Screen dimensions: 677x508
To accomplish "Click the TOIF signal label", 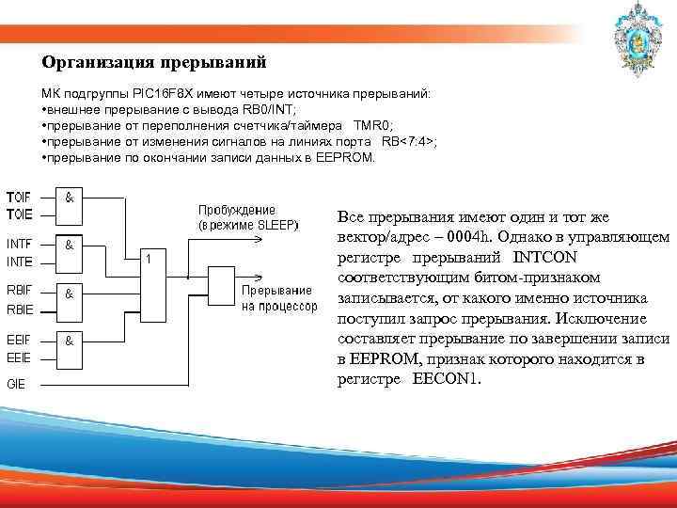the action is click(x=18, y=197).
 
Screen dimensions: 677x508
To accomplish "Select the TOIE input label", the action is click(x=18, y=212).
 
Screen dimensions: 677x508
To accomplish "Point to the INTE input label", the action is click(x=20, y=260).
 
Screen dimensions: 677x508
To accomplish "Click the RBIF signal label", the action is click(x=20, y=291).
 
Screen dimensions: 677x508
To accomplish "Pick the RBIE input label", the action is click(x=20, y=308).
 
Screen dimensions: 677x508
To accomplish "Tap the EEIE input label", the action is click(x=19, y=357).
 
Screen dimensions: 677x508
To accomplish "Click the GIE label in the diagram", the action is click(x=16, y=383).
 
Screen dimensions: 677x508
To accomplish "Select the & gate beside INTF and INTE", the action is click(x=71, y=251).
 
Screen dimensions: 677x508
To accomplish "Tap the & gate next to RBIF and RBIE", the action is click(x=71, y=299).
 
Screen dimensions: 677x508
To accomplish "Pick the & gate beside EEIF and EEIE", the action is click(x=71, y=345).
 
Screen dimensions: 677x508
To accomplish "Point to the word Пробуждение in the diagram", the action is click(x=237, y=210).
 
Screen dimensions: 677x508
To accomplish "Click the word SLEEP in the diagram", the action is click(x=276, y=226).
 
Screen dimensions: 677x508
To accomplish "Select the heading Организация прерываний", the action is click(x=154, y=63).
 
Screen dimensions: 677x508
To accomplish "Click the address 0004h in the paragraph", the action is click(x=470, y=236).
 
